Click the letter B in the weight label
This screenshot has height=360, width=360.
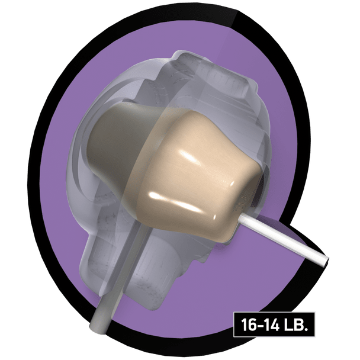tap(298, 324)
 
